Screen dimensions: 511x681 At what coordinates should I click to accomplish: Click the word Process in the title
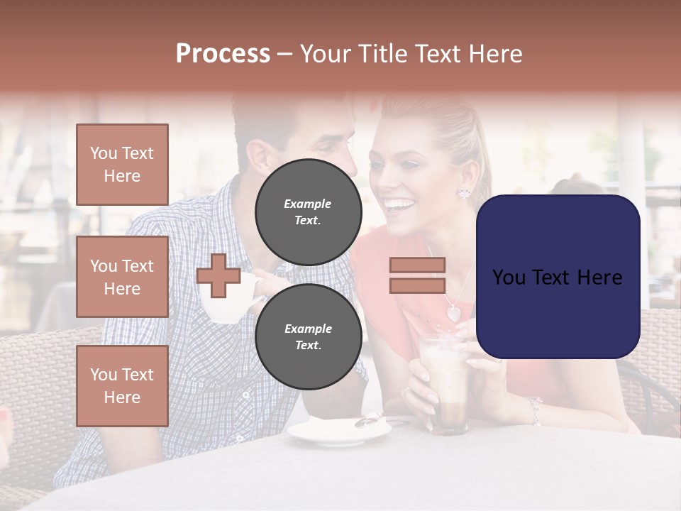(x=223, y=53)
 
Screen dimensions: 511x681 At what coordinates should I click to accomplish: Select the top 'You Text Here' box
(x=122, y=165)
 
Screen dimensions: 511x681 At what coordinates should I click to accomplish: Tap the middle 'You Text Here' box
(x=122, y=277)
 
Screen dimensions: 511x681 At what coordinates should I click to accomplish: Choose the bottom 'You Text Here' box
(x=122, y=386)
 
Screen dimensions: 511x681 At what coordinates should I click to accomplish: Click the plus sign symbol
(x=218, y=276)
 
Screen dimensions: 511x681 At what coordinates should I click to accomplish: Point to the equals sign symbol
(x=417, y=275)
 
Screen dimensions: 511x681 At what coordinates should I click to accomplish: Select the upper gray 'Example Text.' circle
(x=308, y=212)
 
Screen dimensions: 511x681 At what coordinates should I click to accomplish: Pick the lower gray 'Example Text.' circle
(x=308, y=337)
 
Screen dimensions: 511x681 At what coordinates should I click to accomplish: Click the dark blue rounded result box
(x=558, y=277)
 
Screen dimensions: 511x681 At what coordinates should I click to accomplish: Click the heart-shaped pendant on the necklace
(x=453, y=312)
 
